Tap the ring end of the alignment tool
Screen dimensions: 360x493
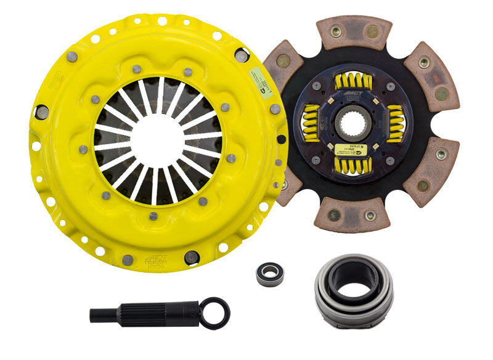click(216, 313)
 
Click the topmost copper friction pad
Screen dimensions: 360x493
click(354, 31)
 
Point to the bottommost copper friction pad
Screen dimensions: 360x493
click(351, 216)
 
